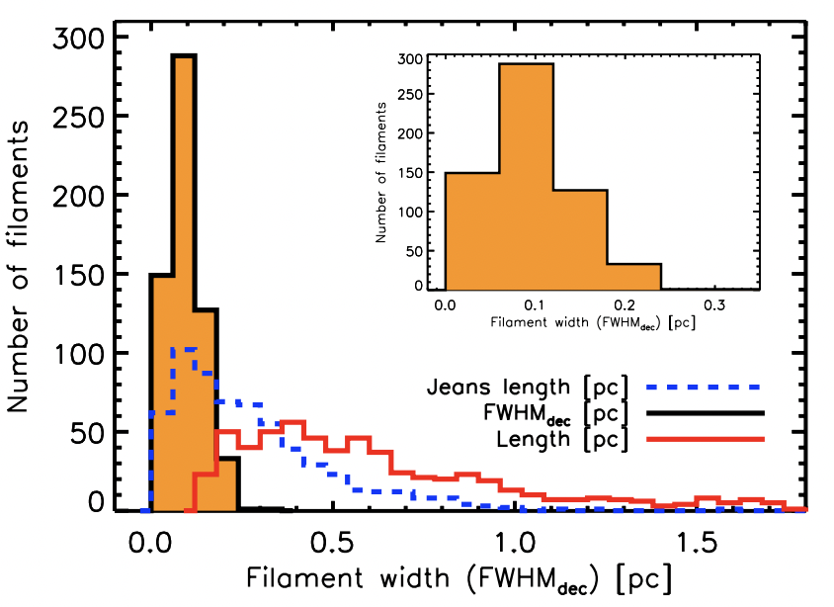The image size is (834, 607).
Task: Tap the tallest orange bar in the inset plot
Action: pos(526,178)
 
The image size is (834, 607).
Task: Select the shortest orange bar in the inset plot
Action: pos(633,277)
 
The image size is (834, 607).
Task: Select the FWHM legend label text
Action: pos(561,413)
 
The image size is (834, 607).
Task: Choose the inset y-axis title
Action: pos(381,174)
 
